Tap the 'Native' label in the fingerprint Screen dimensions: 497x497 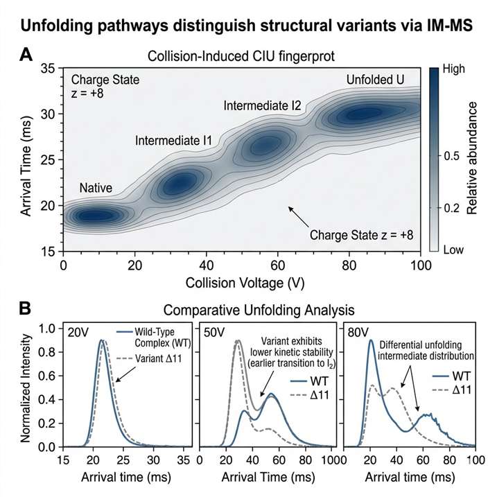pyautogui.click(x=96, y=187)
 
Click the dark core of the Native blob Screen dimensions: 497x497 pyautogui.click(x=95, y=216)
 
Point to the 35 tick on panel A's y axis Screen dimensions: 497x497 pyautogui.click(x=47, y=69)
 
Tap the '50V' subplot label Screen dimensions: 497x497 pyautogui.click(x=213, y=332)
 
